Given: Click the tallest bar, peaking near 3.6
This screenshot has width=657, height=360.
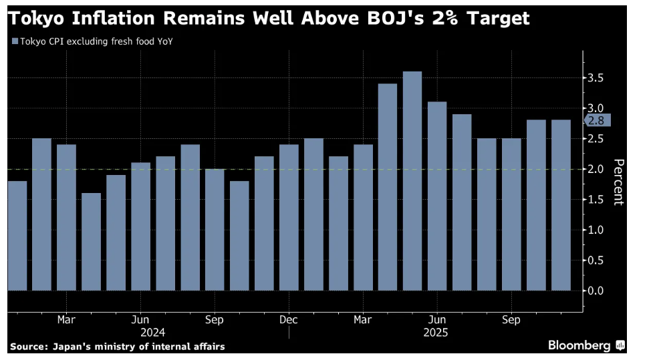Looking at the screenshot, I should (x=412, y=180).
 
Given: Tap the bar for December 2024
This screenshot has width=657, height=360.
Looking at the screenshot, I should (x=289, y=217).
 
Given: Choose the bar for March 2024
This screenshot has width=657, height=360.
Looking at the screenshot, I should (x=66, y=217).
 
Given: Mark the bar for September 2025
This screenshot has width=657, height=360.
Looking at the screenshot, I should (x=511, y=214).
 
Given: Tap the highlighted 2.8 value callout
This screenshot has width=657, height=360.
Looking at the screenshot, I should (x=597, y=121).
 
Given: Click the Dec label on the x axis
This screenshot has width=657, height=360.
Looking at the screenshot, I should (x=289, y=320).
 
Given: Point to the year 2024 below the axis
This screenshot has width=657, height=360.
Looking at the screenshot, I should (x=152, y=332).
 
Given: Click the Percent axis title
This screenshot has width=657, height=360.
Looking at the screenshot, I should (x=618, y=182).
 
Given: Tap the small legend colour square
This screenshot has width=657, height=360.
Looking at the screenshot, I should (x=15, y=41).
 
